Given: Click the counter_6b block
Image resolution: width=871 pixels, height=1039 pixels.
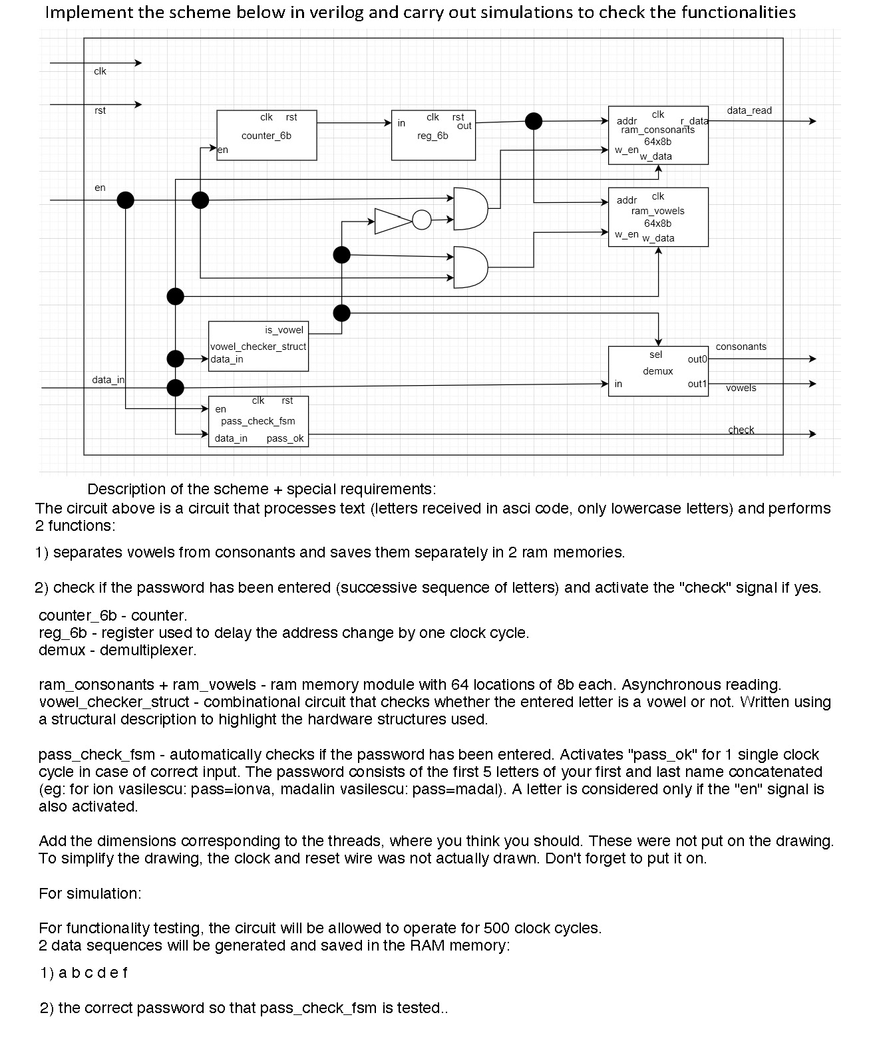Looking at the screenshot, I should coord(266,135).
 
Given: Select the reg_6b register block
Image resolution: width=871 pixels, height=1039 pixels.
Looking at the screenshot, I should coord(433,135).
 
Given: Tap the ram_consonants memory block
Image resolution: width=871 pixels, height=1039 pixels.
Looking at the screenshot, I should coord(658,135).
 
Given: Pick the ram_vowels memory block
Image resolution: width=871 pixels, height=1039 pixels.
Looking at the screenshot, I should coord(658,217).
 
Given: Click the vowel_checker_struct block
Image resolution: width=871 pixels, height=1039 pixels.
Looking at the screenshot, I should coord(258,346).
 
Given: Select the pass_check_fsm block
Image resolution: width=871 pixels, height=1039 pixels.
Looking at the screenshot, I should coord(258,421).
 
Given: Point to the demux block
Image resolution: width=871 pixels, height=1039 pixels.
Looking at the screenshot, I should coord(658,371).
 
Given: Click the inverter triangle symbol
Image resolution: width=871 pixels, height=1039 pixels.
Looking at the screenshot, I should coord(392,221).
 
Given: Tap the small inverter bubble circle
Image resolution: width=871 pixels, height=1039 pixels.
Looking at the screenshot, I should coord(422,220).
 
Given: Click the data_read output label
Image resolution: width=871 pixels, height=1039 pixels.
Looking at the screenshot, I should coord(749,110).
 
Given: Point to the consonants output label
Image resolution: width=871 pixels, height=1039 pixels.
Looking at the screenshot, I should coord(741,347).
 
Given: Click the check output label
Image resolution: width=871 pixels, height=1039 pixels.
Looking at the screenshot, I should coord(741,430).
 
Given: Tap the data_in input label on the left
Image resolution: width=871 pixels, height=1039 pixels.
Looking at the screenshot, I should coord(108,380).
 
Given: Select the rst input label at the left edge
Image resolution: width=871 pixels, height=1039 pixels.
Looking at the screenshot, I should coord(100,110).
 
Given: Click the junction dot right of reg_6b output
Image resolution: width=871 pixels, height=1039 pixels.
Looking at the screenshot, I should coord(534,121).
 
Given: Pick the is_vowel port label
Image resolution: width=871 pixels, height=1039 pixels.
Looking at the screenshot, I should coord(283,330).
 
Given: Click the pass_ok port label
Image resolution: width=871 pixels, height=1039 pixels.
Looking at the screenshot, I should coord(285,438).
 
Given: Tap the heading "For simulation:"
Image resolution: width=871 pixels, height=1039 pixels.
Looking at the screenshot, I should coord(90,893).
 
